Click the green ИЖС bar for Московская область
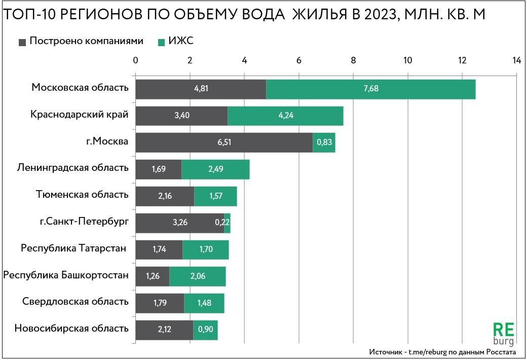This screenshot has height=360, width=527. [x=370, y=89]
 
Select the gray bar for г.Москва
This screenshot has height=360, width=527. [x=224, y=142]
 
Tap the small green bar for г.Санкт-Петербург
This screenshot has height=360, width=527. [x=227, y=223]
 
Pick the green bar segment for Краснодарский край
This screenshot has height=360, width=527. [x=285, y=116]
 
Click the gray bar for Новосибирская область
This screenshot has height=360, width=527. [x=164, y=330]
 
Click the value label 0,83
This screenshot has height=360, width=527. [x=324, y=142]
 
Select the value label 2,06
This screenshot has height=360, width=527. [x=198, y=276]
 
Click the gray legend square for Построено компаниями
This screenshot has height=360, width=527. [x=22, y=42]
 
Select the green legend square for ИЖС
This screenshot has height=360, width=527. [x=161, y=42]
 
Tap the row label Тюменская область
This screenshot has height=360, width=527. [x=82, y=194]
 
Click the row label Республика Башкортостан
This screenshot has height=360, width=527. [x=66, y=275]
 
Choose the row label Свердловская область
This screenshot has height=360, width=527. [x=76, y=302]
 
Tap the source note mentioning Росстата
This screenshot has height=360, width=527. [x=442, y=352]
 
